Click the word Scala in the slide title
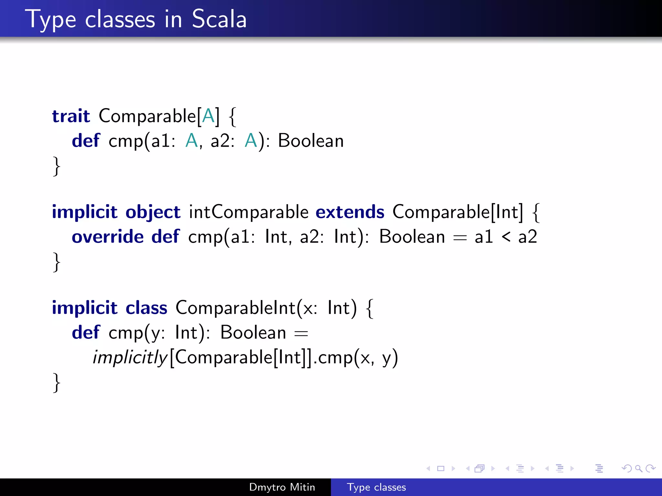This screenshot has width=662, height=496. pyautogui.click(x=219, y=19)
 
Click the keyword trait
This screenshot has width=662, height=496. pyautogui.click(x=71, y=116)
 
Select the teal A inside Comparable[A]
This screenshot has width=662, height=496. pyautogui.click(x=208, y=116)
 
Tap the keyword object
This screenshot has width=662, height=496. pyautogui.click(x=153, y=212)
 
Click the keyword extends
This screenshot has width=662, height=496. pyautogui.click(x=350, y=212)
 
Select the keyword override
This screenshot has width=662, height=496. pyautogui.click(x=108, y=237)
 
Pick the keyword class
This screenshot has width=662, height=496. pyautogui.click(x=146, y=308)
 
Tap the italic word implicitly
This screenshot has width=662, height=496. pyautogui.click(x=130, y=357)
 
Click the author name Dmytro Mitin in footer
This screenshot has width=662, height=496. pyautogui.click(x=282, y=487)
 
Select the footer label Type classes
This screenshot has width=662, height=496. pyautogui.click(x=376, y=487)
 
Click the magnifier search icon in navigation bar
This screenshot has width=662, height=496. pyautogui.click(x=638, y=468)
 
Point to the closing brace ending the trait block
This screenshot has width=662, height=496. pyautogui.click(x=57, y=166)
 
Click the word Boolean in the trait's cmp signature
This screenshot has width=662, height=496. pyautogui.click(x=311, y=141)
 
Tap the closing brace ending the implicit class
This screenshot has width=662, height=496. pyautogui.click(x=57, y=382)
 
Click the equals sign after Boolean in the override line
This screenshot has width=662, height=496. pyautogui.click(x=460, y=238)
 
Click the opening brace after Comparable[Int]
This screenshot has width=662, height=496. pyautogui.click(x=536, y=212)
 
